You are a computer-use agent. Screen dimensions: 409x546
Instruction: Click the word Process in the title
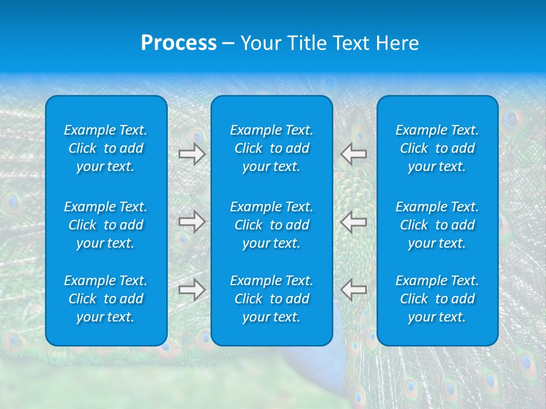click(179, 43)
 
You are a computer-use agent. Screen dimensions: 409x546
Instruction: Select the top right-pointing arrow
click(192, 154)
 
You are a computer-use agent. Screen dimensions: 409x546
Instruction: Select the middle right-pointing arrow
click(192, 222)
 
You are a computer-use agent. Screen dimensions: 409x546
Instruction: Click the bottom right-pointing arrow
click(192, 290)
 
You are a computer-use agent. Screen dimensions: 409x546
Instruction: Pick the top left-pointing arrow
click(354, 154)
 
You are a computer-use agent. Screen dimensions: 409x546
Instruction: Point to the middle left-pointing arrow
click(354, 222)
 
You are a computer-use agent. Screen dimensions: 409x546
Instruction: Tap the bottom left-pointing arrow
click(354, 290)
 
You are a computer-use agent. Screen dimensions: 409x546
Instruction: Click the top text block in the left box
click(106, 148)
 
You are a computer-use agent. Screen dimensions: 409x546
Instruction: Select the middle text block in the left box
click(106, 225)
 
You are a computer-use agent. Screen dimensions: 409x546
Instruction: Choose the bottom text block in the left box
click(106, 299)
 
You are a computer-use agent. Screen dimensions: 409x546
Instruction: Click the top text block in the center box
click(272, 148)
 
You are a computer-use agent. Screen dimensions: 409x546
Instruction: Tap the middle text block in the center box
click(272, 225)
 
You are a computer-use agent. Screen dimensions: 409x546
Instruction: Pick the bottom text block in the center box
click(272, 299)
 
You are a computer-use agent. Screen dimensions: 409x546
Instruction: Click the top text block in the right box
click(437, 148)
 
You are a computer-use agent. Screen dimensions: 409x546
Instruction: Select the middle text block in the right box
click(437, 225)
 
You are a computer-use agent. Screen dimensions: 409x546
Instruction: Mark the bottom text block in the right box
click(437, 299)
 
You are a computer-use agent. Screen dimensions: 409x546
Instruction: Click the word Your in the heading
click(260, 43)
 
